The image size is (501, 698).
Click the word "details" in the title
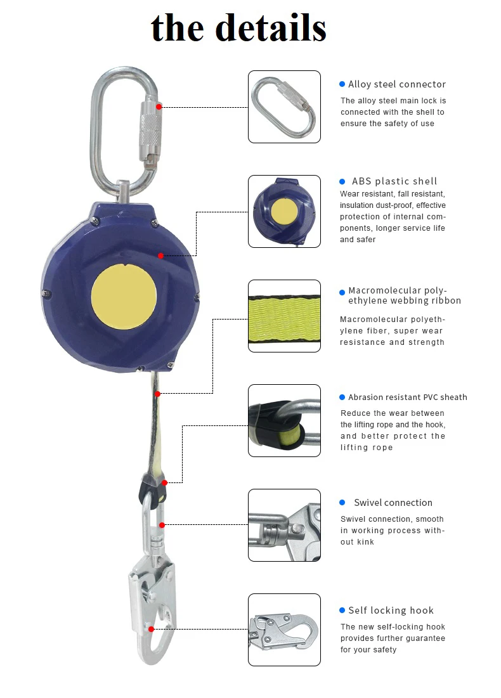(x=271, y=28)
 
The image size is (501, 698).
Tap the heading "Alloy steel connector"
(x=397, y=84)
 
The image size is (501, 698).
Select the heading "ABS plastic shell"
(x=394, y=181)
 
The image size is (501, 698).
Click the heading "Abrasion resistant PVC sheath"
(x=408, y=397)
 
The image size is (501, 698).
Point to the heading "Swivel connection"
(x=393, y=503)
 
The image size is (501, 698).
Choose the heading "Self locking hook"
(x=391, y=611)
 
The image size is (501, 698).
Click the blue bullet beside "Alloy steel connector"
(x=342, y=84)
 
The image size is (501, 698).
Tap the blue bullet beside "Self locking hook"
(x=342, y=611)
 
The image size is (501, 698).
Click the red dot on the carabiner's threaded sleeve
(x=159, y=107)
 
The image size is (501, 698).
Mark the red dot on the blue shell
(x=160, y=255)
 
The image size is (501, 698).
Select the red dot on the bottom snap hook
(x=152, y=629)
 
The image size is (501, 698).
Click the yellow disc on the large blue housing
(x=124, y=297)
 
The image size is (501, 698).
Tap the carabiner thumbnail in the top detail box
(x=283, y=107)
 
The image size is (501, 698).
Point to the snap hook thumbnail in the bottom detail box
(x=283, y=630)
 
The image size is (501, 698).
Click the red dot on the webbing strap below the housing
(x=157, y=394)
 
